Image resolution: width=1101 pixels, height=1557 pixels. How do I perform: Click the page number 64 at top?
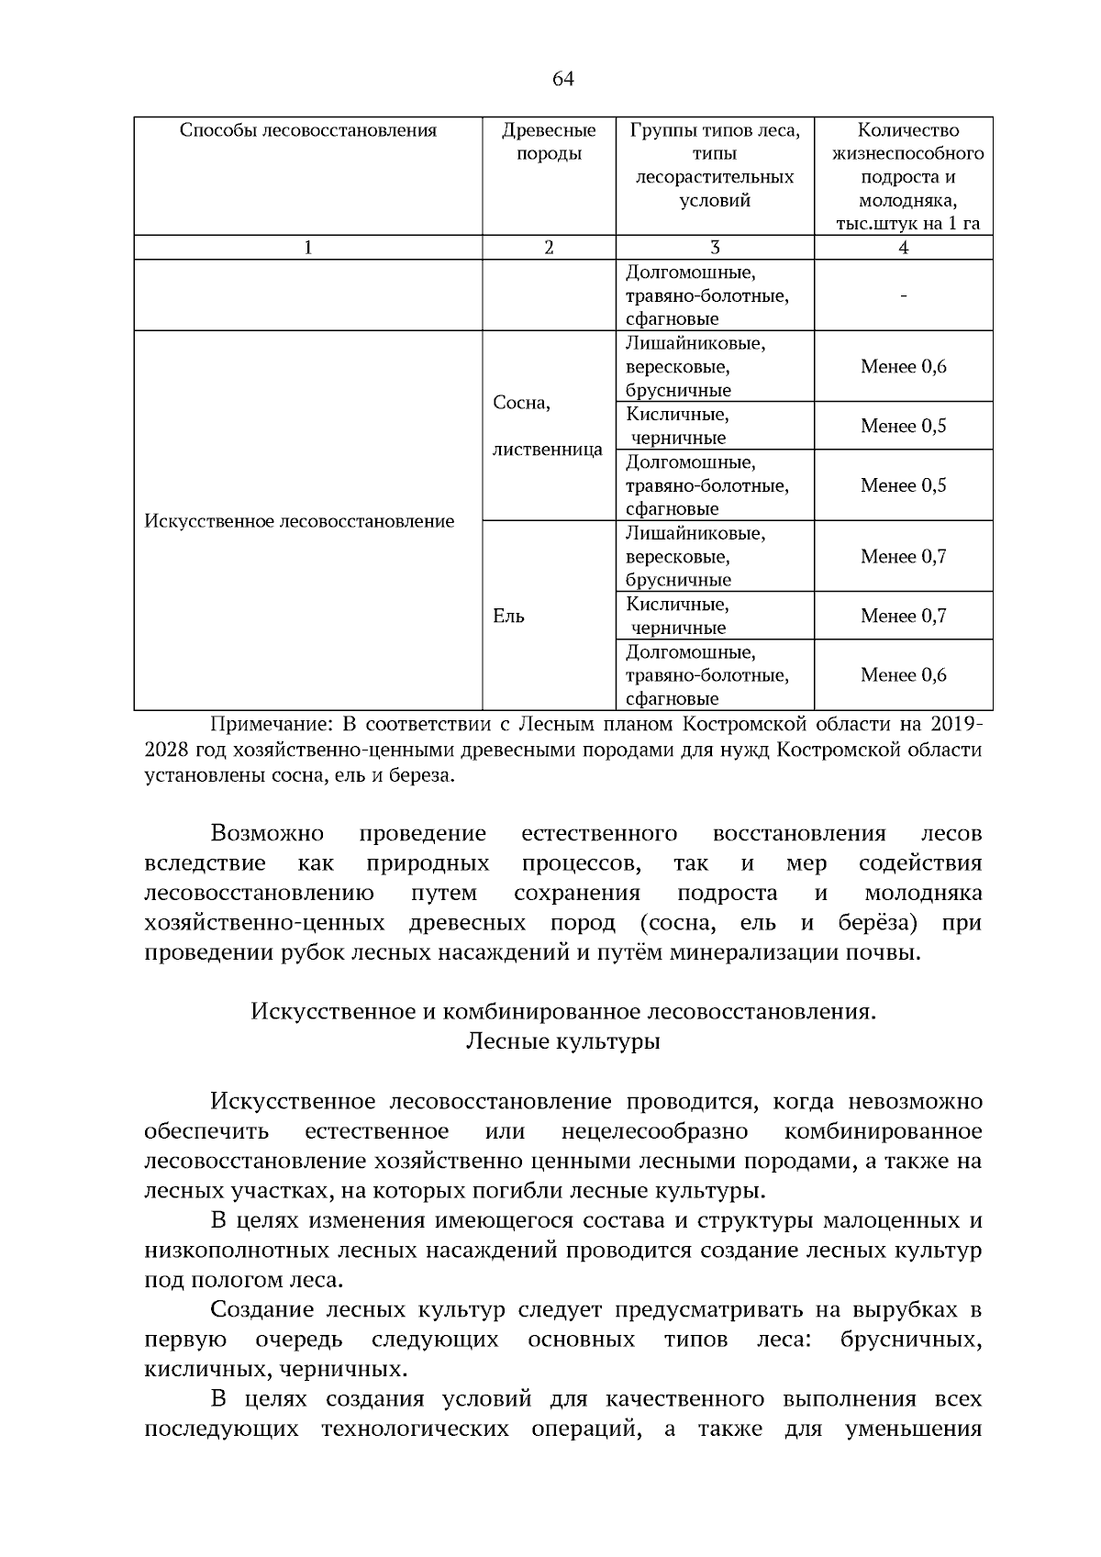click(562, 80)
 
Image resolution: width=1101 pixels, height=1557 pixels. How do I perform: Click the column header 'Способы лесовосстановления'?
click(307, 130)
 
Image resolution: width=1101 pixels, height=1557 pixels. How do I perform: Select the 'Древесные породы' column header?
click(549, 141)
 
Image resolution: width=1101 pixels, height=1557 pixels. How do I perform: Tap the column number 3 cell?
click(714, 248)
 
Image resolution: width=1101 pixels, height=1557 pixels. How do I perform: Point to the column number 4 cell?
click(903, 248)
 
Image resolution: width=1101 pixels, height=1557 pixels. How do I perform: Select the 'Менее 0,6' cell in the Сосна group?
click(903, 367)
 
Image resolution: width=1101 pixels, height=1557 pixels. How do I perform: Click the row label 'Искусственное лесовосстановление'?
click(299, 521)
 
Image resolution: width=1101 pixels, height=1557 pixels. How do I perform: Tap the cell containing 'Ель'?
click(509, 617)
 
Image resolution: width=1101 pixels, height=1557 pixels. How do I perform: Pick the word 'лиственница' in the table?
click(548, 450)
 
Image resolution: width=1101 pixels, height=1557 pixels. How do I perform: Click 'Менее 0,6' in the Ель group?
click(903, 675)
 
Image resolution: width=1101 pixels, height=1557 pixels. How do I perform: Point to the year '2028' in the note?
click(166, 751)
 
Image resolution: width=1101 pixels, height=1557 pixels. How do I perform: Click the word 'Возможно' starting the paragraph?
click(267, 834)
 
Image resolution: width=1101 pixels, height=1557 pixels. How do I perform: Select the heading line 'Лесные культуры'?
click(562, 1042)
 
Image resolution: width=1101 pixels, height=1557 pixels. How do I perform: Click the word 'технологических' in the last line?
click(415, 1429)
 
